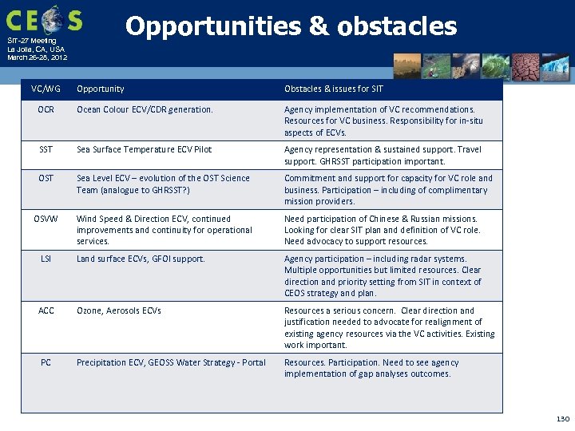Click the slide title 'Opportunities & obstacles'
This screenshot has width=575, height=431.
(291, 27)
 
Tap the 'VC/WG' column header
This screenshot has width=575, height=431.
(46, 89)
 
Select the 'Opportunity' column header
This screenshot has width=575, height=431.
(101, 89)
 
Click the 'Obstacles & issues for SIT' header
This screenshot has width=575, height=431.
(334, 89)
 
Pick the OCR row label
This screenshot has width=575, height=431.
(46, 109)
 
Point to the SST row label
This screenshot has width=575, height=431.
(46, 149)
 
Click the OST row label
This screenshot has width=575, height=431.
(46, 178)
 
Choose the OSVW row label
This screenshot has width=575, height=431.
(46, 219)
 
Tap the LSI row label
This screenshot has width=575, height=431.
(46, 259)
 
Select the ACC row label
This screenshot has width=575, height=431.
(46, 310)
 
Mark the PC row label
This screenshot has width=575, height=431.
(46, 362)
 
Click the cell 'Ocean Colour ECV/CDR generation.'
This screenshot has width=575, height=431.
(145, 109)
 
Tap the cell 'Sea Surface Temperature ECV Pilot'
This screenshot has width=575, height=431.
(144, 149)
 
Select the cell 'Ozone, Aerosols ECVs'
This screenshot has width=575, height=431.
(119, 310)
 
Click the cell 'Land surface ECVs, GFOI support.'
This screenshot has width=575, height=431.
(141, 259)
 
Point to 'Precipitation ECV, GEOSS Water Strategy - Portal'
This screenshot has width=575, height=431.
(171, 362)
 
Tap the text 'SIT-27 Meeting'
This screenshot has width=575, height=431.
(32, 41)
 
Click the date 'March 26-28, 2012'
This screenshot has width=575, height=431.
(37, 57)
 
